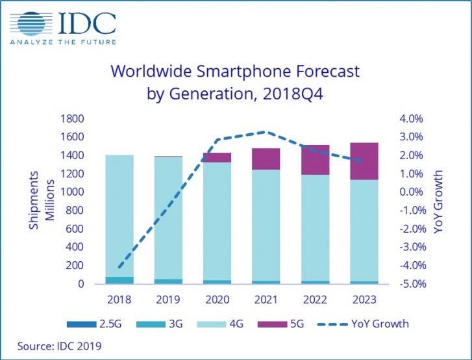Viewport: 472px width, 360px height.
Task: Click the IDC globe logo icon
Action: [31, 24]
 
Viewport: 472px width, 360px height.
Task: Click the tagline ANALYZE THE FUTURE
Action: [63, 43]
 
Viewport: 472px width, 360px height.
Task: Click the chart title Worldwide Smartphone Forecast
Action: [234, 70]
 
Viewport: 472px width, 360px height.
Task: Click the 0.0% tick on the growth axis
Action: [412, 192]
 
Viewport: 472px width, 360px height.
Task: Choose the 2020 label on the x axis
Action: [216, 300]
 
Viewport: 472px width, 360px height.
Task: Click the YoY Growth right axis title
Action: [440, 201]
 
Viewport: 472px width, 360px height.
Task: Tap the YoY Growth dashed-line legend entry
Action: [364, 324]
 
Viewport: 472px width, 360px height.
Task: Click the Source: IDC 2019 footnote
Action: [55, 346]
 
